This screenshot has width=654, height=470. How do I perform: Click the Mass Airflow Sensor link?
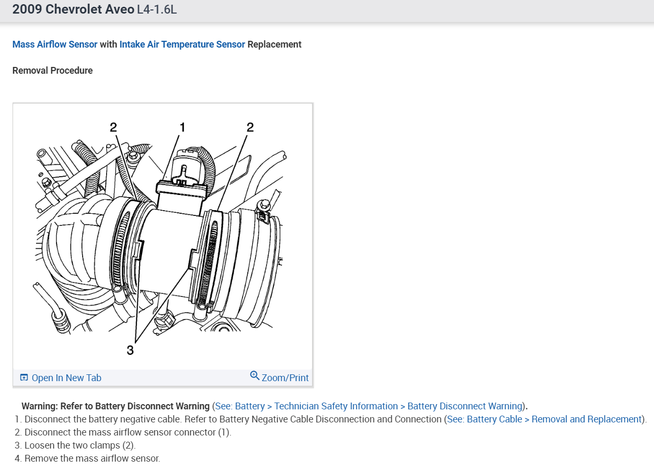point(55,44)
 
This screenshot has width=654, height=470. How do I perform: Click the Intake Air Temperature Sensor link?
point(182,44)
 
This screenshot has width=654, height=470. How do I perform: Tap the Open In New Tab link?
point(66,378)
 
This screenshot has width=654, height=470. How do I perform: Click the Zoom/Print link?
point(285,378)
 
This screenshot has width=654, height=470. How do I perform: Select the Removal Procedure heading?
point(53,71)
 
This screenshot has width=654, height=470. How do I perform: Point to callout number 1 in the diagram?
point(182,127)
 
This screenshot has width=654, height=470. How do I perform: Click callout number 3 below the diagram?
point(130,350)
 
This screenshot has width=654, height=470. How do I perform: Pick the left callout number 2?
point(113,127)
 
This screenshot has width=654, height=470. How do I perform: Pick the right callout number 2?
point(250,127)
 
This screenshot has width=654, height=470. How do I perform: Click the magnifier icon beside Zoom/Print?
point(255,376)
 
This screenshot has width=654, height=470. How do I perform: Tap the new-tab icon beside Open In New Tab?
point(24,377)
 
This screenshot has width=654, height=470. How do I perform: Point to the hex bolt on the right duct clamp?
point(265,204)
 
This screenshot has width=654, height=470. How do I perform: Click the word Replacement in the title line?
point(274,44)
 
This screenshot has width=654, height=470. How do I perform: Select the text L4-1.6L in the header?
point(157,9)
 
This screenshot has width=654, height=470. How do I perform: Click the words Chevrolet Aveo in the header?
point(90,9)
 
